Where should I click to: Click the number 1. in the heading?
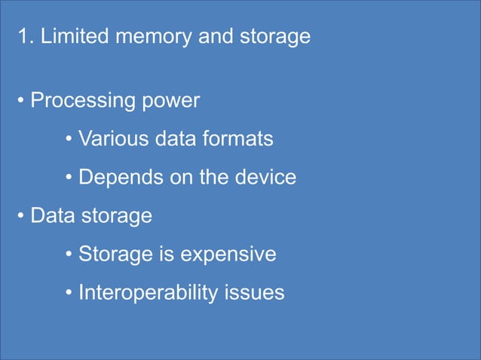(x=26, y=37)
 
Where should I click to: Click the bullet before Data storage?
(x=22, y=217)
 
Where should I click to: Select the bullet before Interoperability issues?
(x=69, y=294)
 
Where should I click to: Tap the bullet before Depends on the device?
(x=69, y=178)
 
